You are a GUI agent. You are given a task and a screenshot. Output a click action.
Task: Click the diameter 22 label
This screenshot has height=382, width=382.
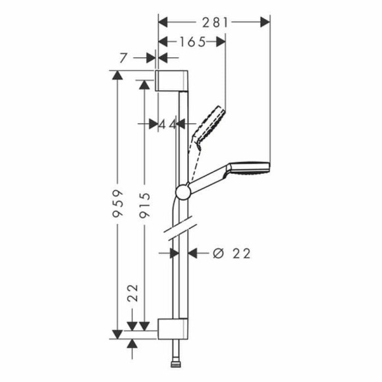point(234,252)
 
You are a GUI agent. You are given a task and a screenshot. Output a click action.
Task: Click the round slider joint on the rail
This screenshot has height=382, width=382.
point(182,192)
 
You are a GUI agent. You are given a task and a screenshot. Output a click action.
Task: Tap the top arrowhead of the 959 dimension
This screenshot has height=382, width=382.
point(117,74)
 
